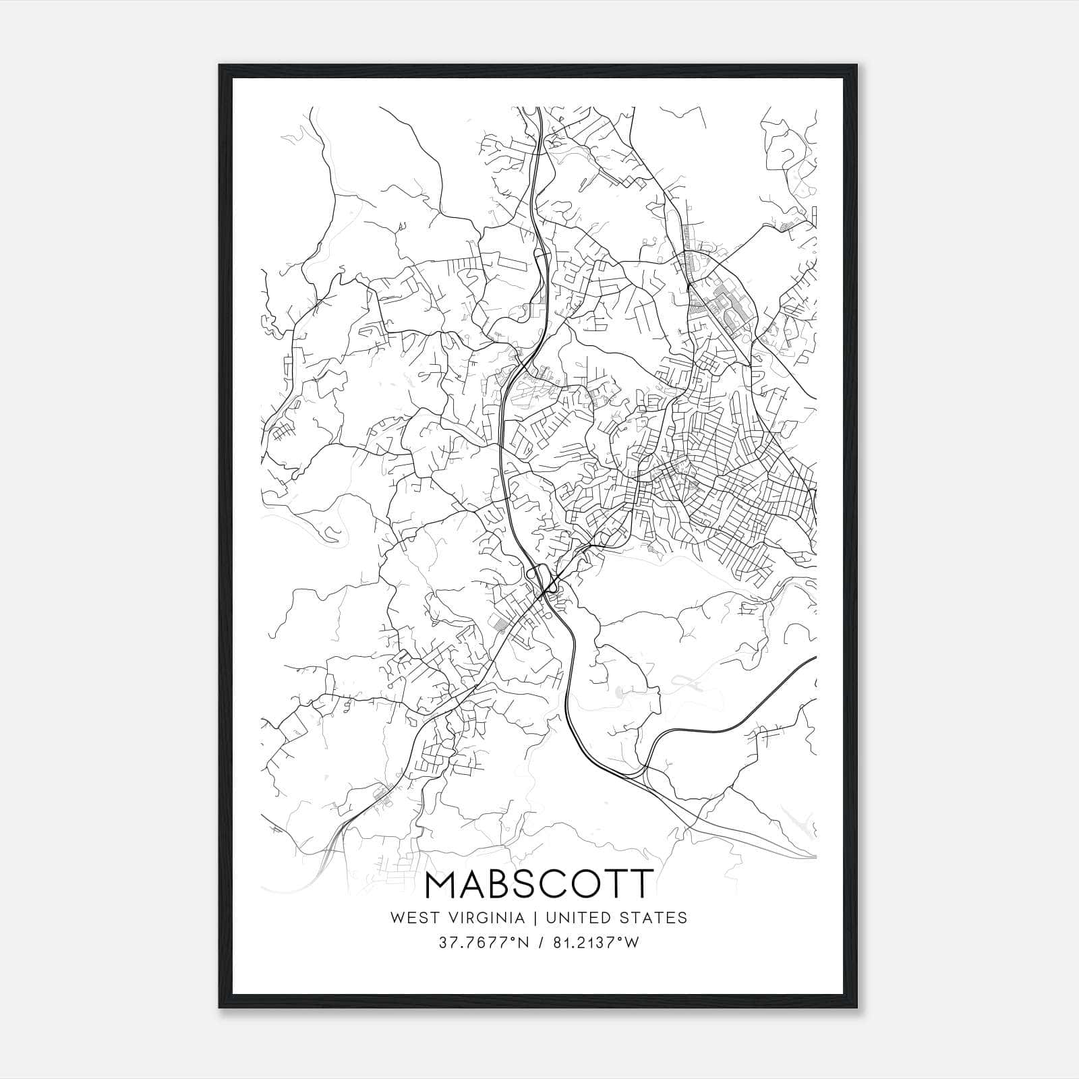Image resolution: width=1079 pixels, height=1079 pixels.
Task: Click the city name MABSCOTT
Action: (539, 884)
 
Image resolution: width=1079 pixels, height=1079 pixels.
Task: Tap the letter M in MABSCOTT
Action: (444, 884)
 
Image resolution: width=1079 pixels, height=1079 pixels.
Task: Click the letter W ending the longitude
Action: (631, 943)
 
